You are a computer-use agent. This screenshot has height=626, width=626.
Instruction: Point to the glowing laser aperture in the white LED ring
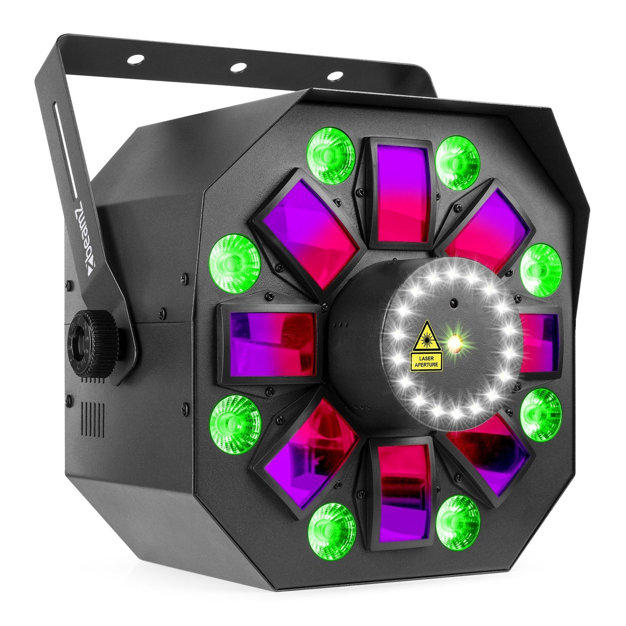[x=454, y=343]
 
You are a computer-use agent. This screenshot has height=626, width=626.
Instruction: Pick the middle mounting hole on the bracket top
[x=237, y=67]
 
